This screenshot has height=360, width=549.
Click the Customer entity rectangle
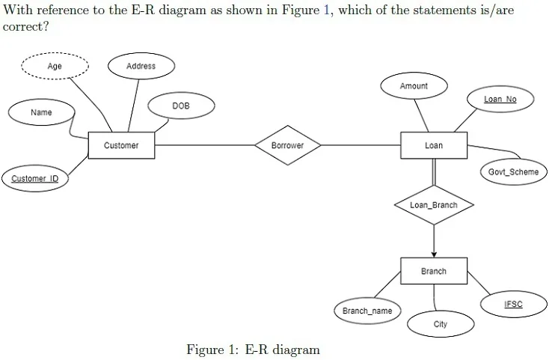(x=121, y=145)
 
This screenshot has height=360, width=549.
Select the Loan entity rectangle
(x=434, y=145)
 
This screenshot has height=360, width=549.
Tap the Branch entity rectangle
(x=434, y=271)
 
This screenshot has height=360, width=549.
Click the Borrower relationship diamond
(x=287, y=145)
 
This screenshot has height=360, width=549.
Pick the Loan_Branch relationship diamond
(x=434, y=205)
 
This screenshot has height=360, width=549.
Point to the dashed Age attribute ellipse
(x=55, y=66)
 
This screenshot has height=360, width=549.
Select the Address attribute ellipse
(x=141, y=66)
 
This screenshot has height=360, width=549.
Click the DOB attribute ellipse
(x=181, y=106)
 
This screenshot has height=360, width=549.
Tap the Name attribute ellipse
(x=41, y=112)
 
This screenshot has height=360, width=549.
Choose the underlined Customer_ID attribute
(x=35, y=179)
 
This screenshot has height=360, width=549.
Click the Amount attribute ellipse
(x=414, y=86)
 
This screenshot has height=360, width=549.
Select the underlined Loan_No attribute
(x=500, y=99)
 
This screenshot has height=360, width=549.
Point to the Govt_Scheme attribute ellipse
(x=514, y=172)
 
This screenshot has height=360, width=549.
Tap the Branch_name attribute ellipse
(x=367, y=311)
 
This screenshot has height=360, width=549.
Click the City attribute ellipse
(x=441, y=324)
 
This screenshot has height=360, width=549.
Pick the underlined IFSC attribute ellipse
(x=514, y=304)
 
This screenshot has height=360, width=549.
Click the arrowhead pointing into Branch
(x=434, y=254)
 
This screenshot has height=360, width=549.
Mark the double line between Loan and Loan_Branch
(x=434, y=172)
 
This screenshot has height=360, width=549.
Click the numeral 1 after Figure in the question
(x=326, y=10)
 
